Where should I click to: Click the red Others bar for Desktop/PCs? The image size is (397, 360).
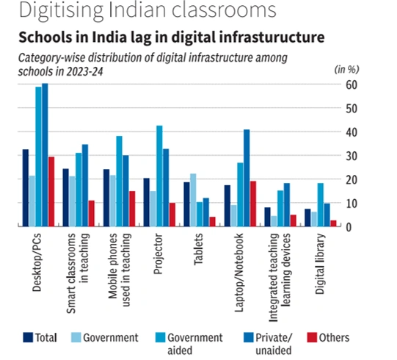51,191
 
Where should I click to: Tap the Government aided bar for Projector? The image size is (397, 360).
159,176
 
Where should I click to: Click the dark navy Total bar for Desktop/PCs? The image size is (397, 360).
26,187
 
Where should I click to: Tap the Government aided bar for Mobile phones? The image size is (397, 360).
119,181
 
